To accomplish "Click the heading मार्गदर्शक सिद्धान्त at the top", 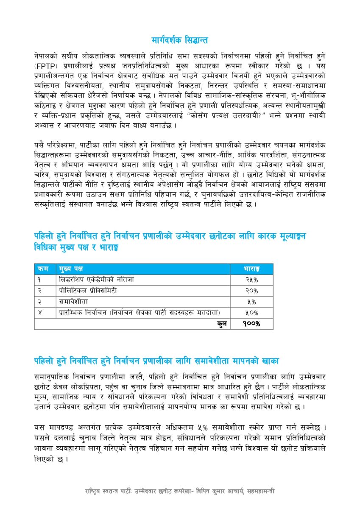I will [180, 40].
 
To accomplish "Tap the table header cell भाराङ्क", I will [251, 269].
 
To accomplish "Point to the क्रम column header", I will [43, 269].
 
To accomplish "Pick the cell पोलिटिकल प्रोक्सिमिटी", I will [88, 291].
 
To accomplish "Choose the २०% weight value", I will [251, 291].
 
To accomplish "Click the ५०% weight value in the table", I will [251, 313].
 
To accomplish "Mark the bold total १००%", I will [251, 324].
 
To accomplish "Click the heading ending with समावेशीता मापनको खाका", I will [156, 361].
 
